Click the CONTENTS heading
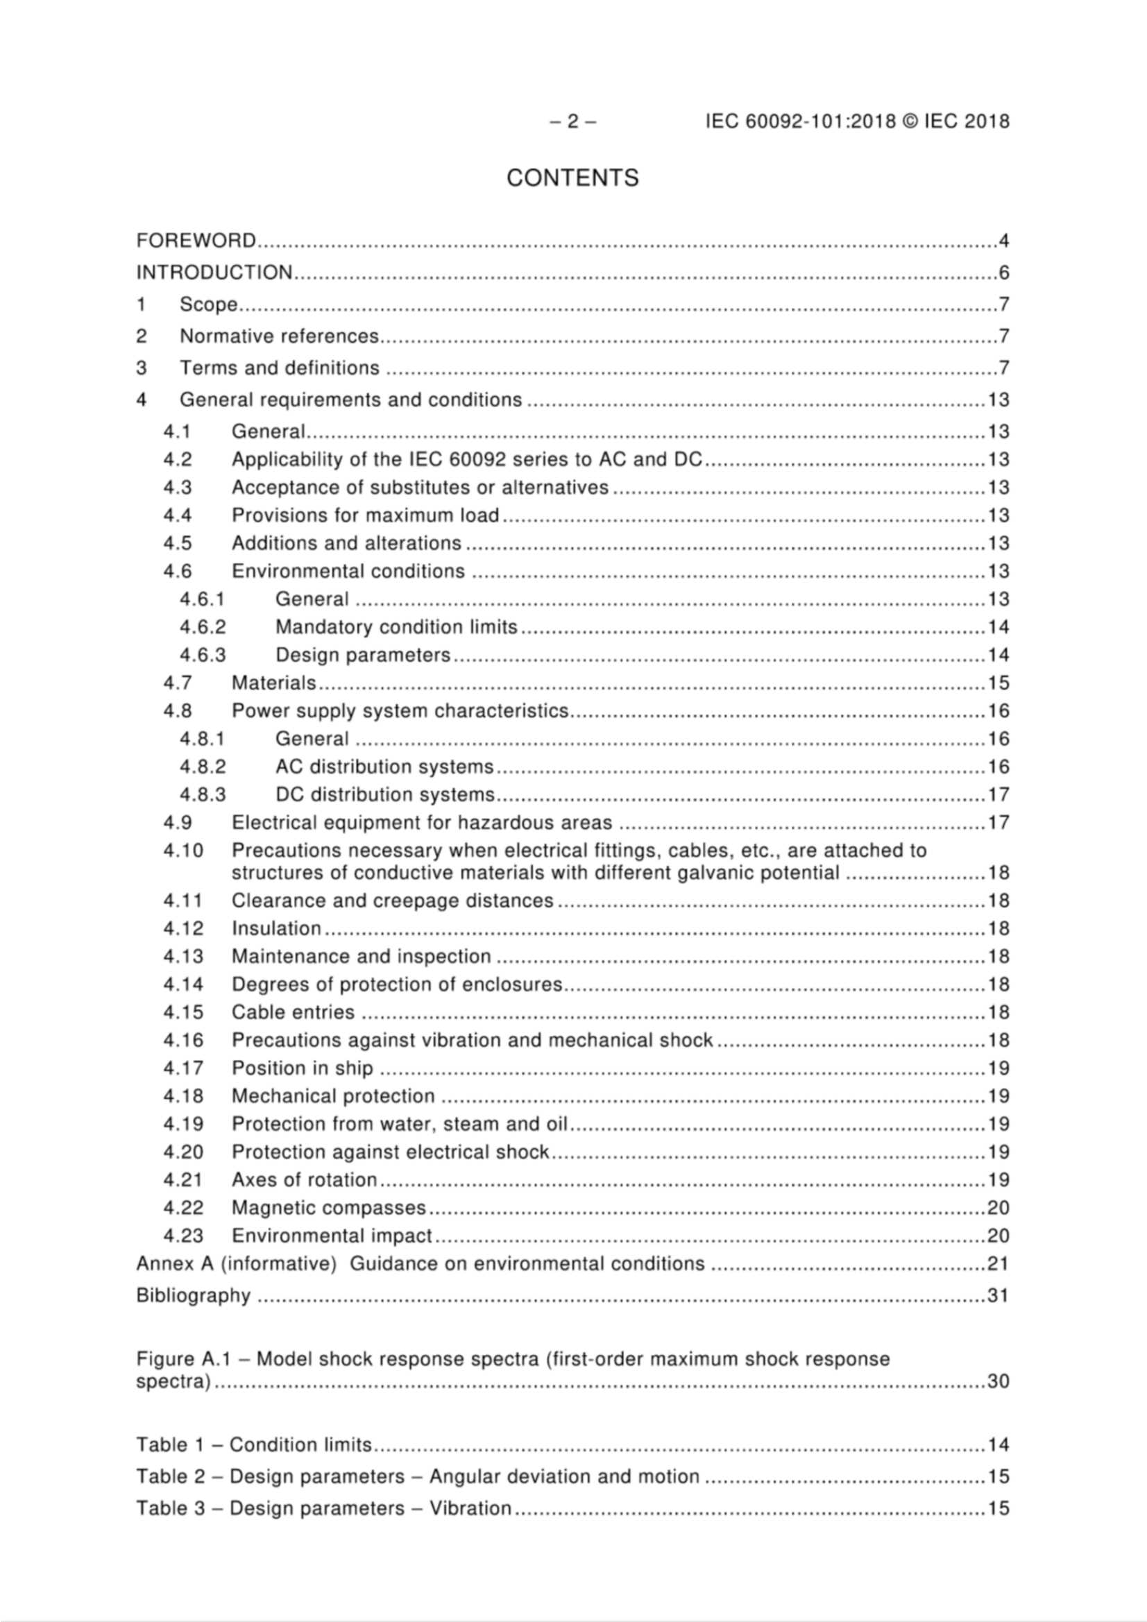(572, 178)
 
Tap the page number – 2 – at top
(572, 121)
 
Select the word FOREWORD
(196, 241)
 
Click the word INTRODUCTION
(214, 273)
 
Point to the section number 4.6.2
(202, 627)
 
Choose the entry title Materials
(274, 683)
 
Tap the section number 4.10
(182, 851)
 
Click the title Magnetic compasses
(329, 1208)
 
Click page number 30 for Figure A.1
(997, 1382)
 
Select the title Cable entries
(293, 1012)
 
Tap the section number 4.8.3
(202, 795)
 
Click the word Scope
(208, 305)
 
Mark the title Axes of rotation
(304, 1180)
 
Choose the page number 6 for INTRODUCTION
(1003, 273)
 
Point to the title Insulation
(276, 928)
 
